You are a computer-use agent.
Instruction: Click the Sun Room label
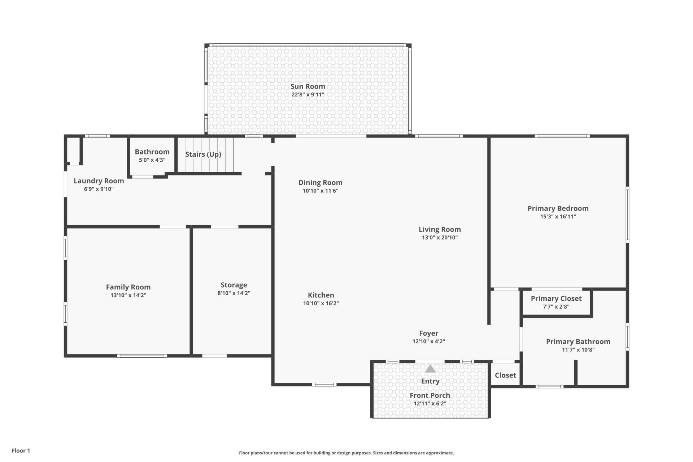308,86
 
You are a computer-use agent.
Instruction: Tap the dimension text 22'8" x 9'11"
308,95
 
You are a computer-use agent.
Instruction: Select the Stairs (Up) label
203,154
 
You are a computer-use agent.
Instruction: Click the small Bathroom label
152,152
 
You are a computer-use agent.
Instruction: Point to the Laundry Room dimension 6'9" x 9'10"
99,189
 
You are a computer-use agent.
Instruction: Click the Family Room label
128,287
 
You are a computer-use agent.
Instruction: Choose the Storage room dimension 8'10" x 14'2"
234,293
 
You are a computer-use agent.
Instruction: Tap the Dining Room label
320,183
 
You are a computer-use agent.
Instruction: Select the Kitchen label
321,295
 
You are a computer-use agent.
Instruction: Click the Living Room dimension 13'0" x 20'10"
440,237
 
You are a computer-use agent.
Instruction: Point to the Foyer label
428,333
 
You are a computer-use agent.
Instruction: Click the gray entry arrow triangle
430,369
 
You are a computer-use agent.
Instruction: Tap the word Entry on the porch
430,381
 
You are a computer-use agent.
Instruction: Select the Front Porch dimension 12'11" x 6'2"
430,404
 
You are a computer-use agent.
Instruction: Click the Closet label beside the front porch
505,375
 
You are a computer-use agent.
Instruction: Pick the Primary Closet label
556,298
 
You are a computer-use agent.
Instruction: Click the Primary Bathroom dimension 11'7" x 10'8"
578,350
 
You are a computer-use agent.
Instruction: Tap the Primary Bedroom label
558,208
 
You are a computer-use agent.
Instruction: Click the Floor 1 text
21,450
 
